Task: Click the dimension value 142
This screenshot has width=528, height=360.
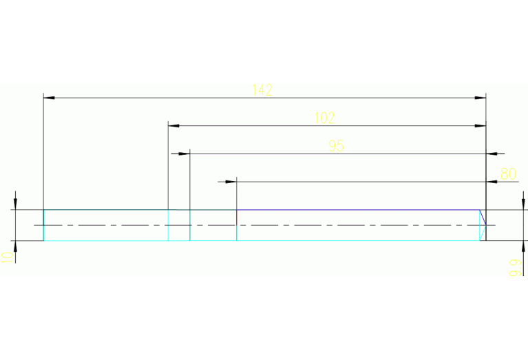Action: (262, 89)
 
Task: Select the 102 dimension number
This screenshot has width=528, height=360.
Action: (324, 118)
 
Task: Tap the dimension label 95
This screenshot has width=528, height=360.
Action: (336, 146)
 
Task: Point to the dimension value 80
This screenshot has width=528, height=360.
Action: (508, 173)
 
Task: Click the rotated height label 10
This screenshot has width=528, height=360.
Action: (7, 257)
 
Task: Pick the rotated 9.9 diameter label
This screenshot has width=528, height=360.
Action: (514, 267)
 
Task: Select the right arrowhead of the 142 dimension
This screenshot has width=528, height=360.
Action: (481, 98)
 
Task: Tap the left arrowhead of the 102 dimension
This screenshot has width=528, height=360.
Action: (173, 126)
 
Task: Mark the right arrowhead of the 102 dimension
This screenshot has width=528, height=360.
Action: (481, 126)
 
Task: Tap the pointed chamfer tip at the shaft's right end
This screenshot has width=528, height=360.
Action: (485, 224)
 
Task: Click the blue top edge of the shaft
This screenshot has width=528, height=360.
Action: (358, 209)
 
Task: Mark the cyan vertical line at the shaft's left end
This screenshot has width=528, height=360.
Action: (44, 225)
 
